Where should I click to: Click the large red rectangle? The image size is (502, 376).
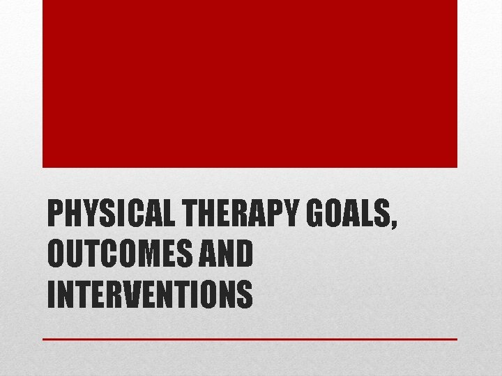point(250,84)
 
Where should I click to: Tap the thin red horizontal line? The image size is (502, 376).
point(250,339)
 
